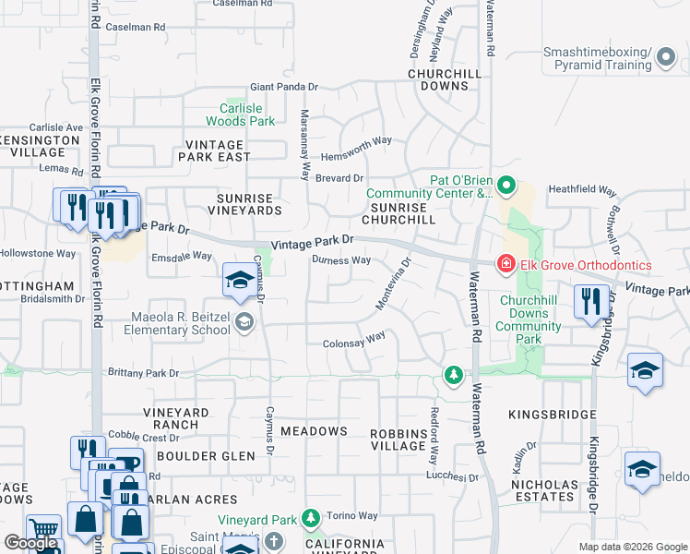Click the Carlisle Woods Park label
click(x=240, y=114)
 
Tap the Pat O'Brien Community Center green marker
click(x=506, y=187)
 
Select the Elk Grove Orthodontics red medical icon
click(x=506, y=266)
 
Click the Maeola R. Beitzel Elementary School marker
click(x=244, y=322)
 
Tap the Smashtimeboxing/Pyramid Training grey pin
click(x=665, y=59)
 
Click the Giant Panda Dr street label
click(x=283, y=87)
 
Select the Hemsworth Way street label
click(x=355, y=141)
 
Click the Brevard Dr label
click(x=339, y=178)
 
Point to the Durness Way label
click(x=340, y=260)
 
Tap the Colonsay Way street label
click(x=353, y=341)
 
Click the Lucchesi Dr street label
click(x=452, y=477)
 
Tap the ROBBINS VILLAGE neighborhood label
click(x=398, y=440)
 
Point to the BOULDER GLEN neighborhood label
click(x=206, y=456)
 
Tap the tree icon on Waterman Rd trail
click(x=452, y=375)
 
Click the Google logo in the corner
click(x=30, y=544)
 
